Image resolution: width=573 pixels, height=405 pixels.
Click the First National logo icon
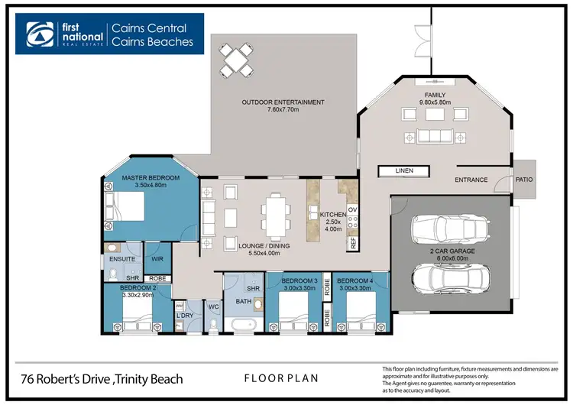click(38, 33)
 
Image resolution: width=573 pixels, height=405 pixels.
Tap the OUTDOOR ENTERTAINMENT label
click(283, 102)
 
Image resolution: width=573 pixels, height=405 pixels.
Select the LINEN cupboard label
click(405, 170)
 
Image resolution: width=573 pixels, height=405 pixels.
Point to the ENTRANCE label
click(471, 180)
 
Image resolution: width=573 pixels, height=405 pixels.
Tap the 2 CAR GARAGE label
click(452, 250)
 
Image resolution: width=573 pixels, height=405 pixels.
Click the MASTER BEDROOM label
click(151, 178)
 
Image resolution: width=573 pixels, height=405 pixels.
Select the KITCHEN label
click(332, 215)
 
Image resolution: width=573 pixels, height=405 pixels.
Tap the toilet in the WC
click(215, 325)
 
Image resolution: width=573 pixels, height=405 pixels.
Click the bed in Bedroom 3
click(293, 316)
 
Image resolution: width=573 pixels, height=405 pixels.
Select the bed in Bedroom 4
click(359, 316)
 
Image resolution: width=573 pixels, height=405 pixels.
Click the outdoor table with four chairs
click(236, 58)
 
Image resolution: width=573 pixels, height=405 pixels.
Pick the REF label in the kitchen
click(353, 242)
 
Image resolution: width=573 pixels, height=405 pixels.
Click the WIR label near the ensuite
click(155, 247)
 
